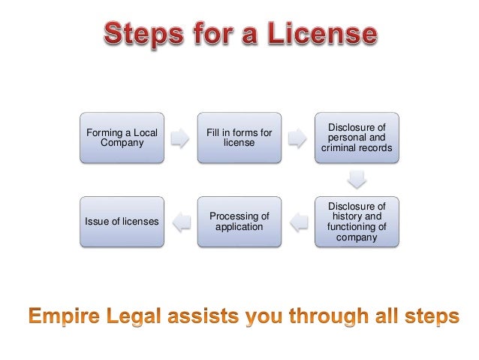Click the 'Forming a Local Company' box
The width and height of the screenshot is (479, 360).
[122, 138]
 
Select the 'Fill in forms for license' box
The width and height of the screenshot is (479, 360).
[239, 138]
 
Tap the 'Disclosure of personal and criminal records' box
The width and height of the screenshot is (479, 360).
[357, 138]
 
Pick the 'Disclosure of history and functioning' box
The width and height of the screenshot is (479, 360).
[357, 221]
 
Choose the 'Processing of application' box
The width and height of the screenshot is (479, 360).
[239, 221]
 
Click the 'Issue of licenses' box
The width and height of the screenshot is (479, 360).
[122, 221]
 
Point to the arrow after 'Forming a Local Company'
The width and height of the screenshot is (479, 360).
[180, 138]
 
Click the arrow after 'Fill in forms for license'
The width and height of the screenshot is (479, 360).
[298, 138]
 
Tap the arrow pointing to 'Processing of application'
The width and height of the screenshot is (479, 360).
[298, 221]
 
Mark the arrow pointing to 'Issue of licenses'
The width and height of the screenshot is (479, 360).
[180, 221]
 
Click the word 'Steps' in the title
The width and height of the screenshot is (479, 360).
[140, 35]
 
